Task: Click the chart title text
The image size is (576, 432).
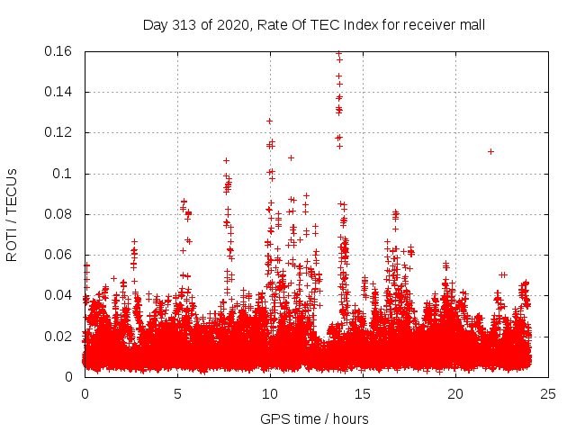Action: coord(314,24)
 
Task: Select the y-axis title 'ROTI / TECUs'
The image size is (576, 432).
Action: coord(12,214)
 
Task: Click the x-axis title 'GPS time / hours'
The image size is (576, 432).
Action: coord(314,418)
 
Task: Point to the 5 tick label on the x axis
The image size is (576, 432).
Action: coord(177,393)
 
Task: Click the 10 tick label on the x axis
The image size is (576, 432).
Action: coord(270,393)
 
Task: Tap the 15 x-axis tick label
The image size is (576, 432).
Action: coord(363,393)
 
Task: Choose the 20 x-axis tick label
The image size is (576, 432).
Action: coord(455,393)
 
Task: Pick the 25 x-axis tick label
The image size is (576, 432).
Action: coord(548,393)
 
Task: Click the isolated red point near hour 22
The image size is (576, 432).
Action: coord(490,151)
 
